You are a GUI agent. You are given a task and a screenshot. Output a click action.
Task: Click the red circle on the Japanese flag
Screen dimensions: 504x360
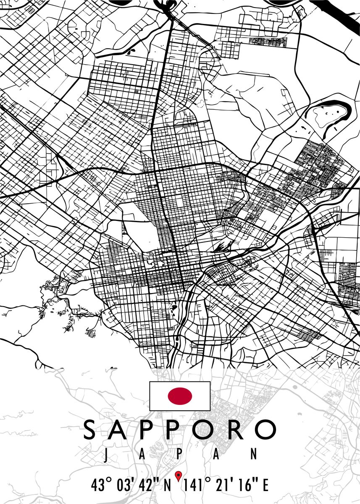point(180,396)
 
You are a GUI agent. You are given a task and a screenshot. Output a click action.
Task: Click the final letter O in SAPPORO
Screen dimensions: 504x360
point(265,429)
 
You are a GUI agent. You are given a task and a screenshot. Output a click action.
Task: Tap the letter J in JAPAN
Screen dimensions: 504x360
point(107,454)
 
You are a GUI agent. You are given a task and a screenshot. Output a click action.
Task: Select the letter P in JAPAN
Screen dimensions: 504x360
point(179,454)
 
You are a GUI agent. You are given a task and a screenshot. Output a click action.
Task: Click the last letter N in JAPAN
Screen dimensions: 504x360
point(253,454)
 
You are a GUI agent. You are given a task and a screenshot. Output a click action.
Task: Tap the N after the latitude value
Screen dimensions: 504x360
point(167,486)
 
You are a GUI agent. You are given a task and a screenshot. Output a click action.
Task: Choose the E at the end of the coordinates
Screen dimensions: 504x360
point(265,486)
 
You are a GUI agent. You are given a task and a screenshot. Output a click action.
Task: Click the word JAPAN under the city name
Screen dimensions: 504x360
point(180,454)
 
